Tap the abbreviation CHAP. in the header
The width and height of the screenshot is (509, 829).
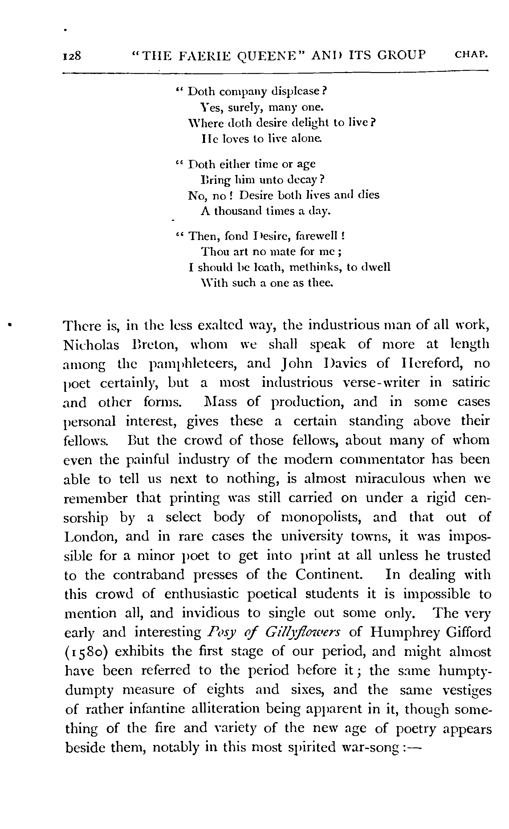[x=471, y=54]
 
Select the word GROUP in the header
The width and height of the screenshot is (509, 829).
[x=401, y=54]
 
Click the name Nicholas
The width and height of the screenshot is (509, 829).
[x=91, y=345]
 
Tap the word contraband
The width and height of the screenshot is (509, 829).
[x=149, y=575]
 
